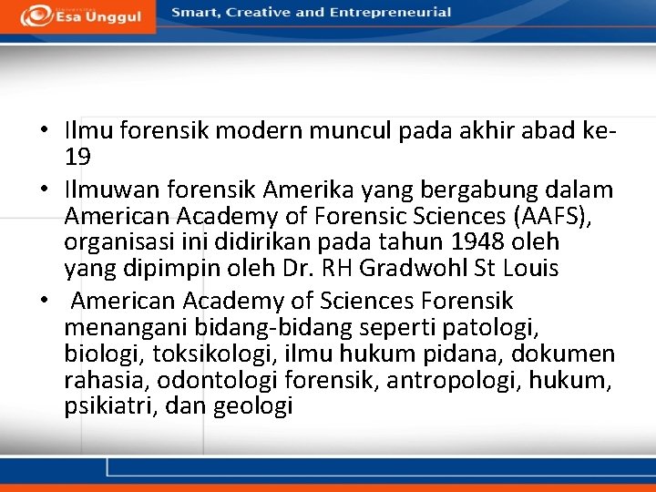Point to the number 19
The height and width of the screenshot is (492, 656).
[77, 157]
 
